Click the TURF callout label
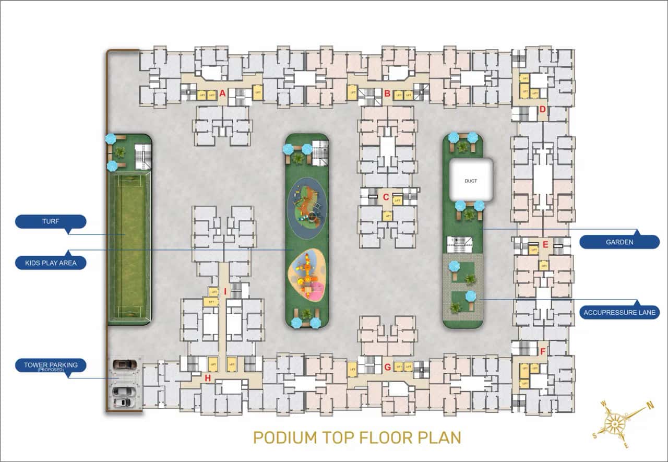pyautogui.click(x=51, y=222)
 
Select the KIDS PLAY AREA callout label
pyautogui.click(x=51, y=263)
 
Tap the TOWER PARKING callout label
pyautogui.click(x=51, y=366)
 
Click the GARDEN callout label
pyautogui.click(x=619, y=242)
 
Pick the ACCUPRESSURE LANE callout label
pyautogui.click(x=619, y=313)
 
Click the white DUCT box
pyautogui.click(x=471, y=180)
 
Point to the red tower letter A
pyautogui.click(x=222, y=94)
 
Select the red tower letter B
pyautogui.click(x=387, y=94)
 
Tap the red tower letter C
pyautogui.click(x=386, y=197)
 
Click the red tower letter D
pyautogui.click(x=543, y=110)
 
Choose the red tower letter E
pyautogui.click(x=545, y=244)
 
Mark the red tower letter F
pyautogui.click(x=543, y=351)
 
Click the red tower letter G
pyautogui.click(x=387, y=367)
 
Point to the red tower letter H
pyautogui.click(x=208, y=378)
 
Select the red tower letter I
pyautogui.click(x=225, y=292)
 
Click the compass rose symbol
pyautogui.click(x=617, y=421)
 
